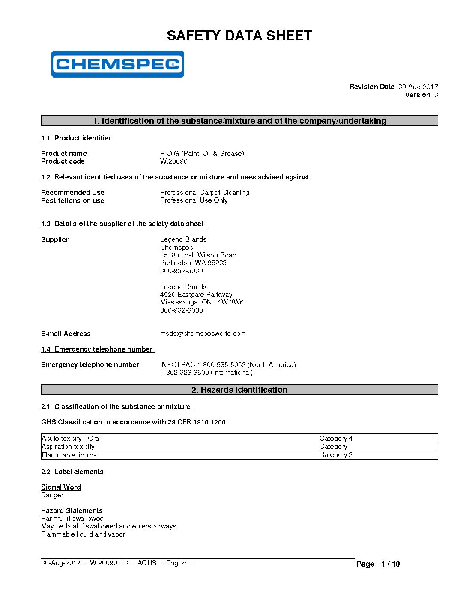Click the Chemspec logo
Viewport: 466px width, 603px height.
click(x=117, y=64)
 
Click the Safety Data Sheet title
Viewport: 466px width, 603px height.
click(x=239, y=36)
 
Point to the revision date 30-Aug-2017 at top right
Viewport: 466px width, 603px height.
click(x=418, y=87)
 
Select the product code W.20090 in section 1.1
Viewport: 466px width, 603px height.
click(x=174, y=161)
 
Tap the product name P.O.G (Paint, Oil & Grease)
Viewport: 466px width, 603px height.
click(x=202, y=153)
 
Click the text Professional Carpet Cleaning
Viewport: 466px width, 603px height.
click(x=205, y=192)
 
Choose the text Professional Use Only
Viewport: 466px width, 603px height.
click(x=194, y=200)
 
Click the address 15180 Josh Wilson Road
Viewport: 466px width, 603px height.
click(x=198, y=255)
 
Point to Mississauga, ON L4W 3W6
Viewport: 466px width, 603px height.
click(x=202, y=302)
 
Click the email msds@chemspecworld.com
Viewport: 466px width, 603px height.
click(x=203, y=334)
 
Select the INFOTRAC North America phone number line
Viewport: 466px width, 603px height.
click(x=228, y=364)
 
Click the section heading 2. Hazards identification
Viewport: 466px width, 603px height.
click(x=239, y=390)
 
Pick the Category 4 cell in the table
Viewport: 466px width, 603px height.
click(x=336, y=438)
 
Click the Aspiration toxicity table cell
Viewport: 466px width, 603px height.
click(x=68, y=446)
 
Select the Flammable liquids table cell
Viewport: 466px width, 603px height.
click(x=69, y=455)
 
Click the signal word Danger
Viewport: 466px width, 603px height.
click(x=52, y=495)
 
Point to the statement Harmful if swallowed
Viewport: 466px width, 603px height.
click(x=72, y=519)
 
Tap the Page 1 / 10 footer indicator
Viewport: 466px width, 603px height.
click(x=378, y=564)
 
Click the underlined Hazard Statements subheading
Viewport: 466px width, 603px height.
click(x=72, y=510)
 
